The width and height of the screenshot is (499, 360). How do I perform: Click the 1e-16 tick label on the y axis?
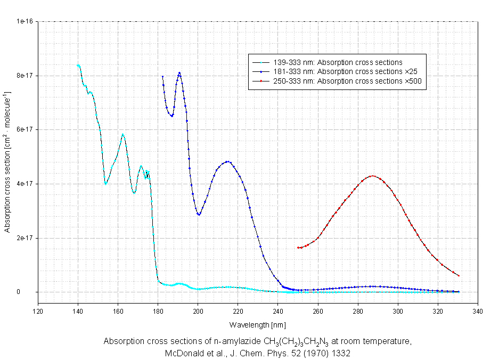pyautogui.click(x=26, y=21)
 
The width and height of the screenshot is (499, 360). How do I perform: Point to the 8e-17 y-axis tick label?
pyautogui.click(x=26, y=76)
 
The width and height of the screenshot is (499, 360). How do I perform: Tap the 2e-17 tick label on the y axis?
pyautogui.click(x=26, y=238)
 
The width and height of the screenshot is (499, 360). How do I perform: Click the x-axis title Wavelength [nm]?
pyautogui.click(x=257, y=324)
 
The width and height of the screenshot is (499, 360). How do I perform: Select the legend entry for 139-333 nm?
pyautogui.click(x=338, y=62)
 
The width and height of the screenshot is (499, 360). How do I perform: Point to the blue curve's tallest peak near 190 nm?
pyautogui.click(x=179, y=73)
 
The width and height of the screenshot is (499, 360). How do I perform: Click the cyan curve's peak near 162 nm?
pyautogui.click(x=122, y=134)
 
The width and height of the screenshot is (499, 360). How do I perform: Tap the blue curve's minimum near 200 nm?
pyautogui.click(x=199, y=215)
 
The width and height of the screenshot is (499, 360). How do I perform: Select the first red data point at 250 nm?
pyautogui.click(x=298, y=248)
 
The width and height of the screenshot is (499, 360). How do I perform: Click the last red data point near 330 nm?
pyautogui.click(x=458, y=276)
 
